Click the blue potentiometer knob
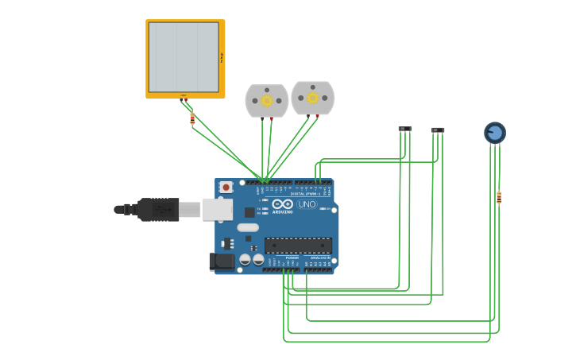495,132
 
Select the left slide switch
405,129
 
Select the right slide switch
438,130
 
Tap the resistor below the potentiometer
499,197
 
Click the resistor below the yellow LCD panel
192,119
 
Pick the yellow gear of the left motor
267,100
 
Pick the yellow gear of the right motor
312,98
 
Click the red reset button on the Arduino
226,188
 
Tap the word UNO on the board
307,204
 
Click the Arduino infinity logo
282,204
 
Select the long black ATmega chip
298,246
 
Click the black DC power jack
222,261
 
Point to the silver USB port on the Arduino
217,209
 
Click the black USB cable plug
158,210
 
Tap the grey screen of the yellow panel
184,57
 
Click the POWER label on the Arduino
292,257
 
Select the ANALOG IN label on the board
320,257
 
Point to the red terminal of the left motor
272,118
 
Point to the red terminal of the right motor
317,116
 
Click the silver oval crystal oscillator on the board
248,227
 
